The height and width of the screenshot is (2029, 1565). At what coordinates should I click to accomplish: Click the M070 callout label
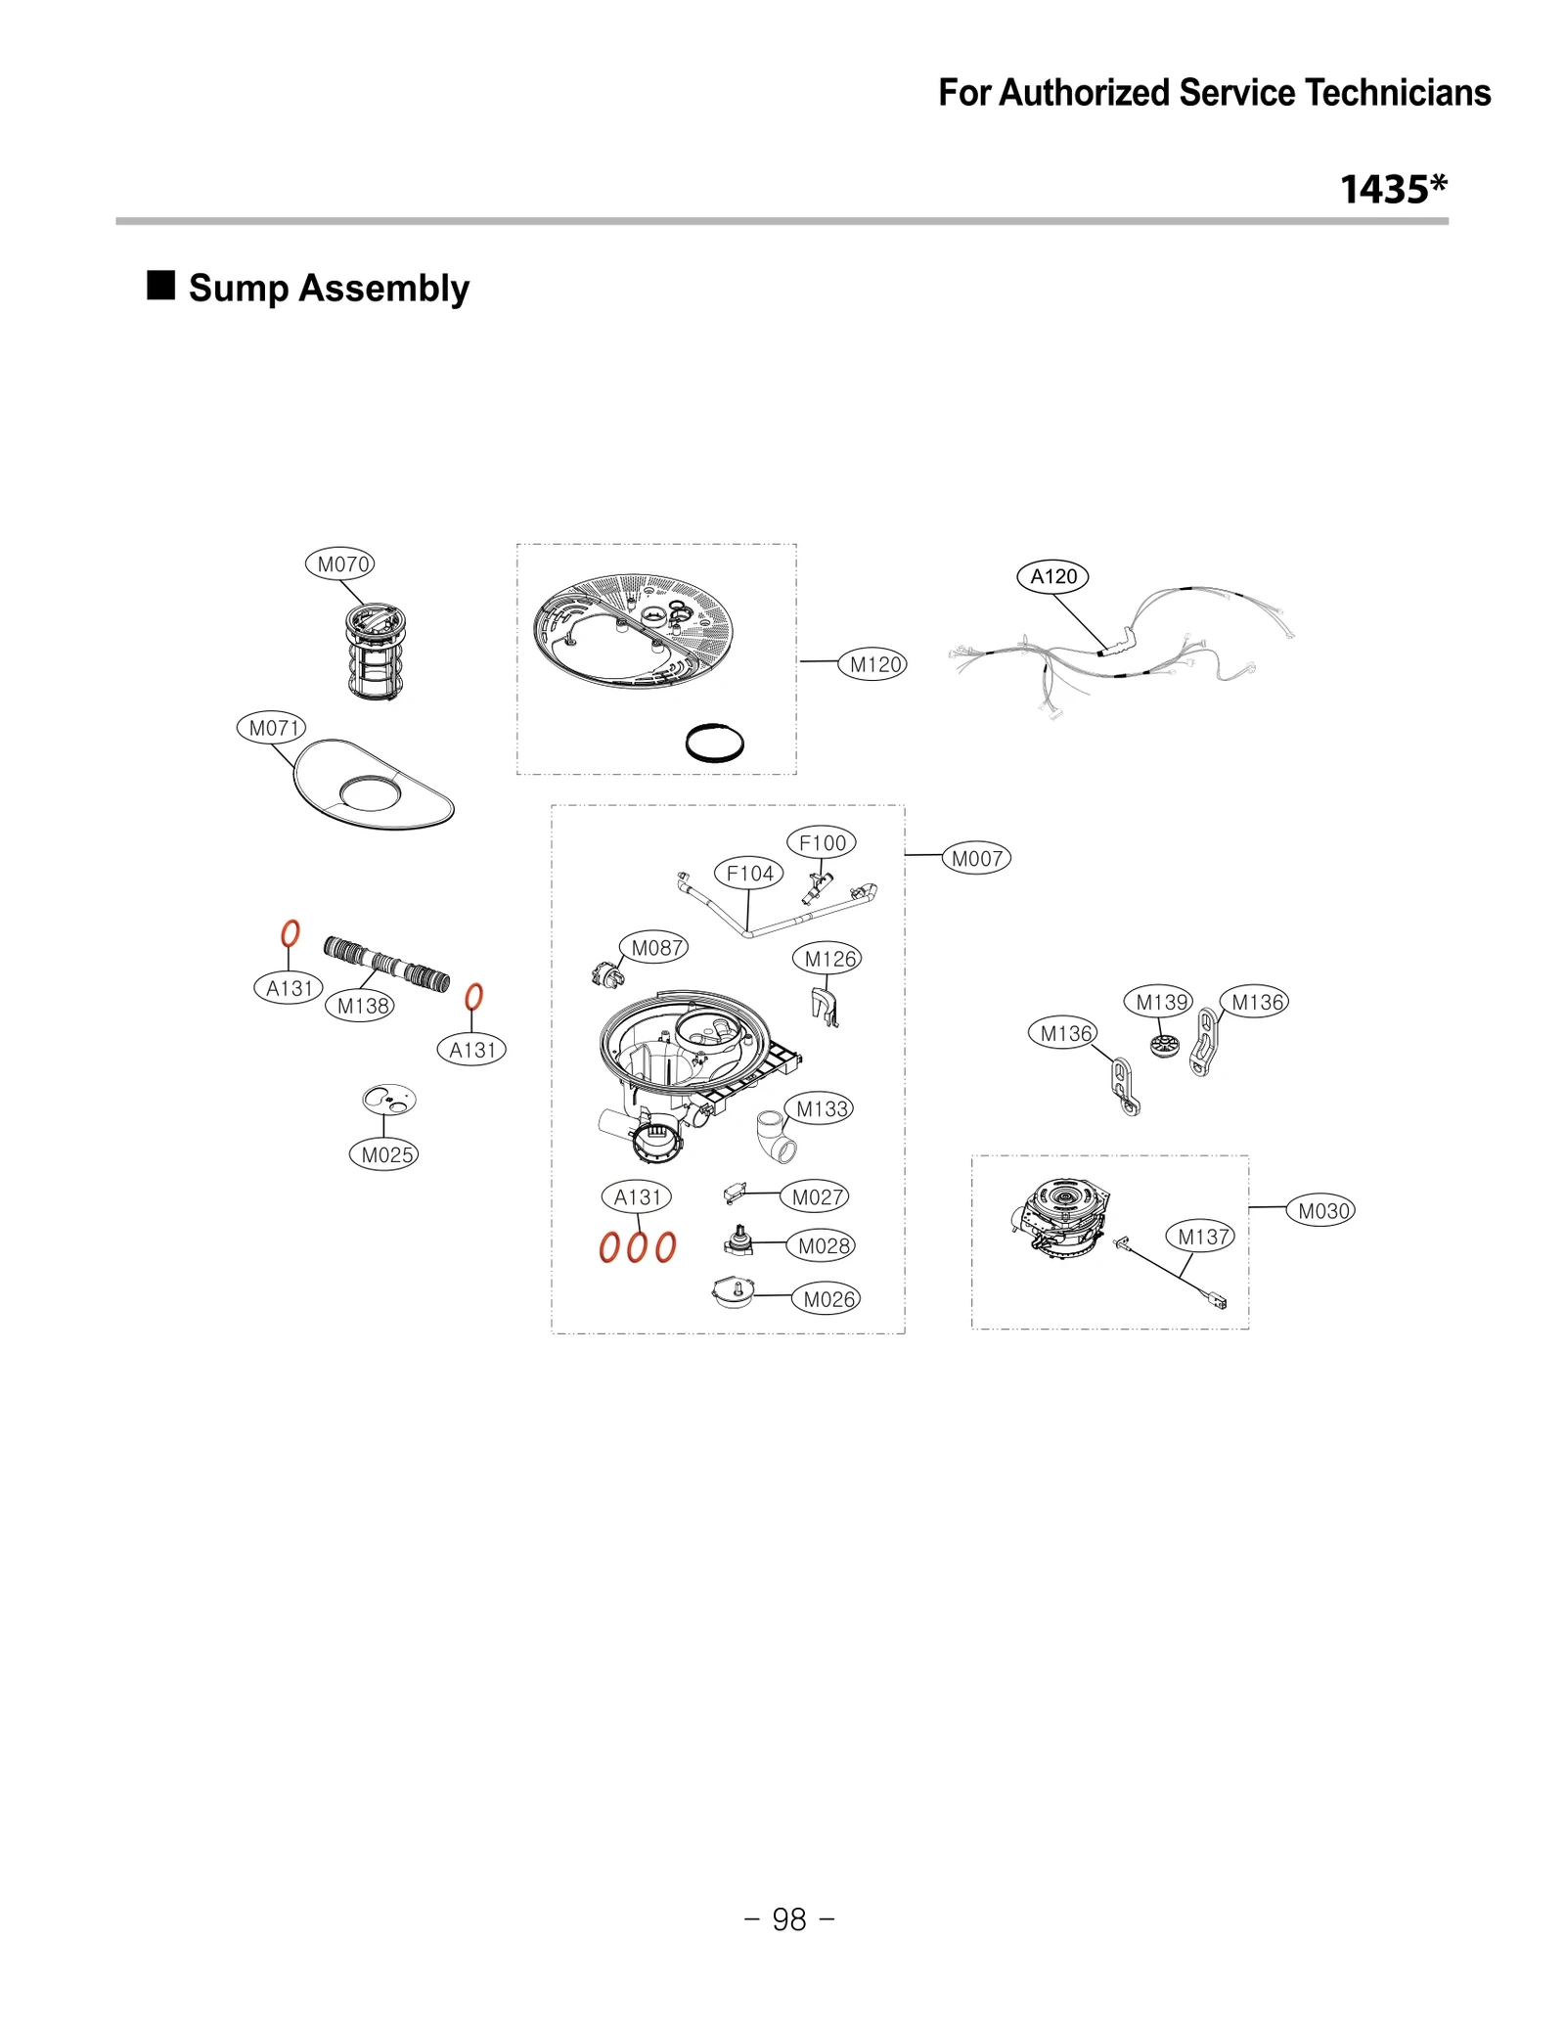[x=339, y=564]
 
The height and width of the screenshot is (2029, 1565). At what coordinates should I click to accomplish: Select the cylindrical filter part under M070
[x=375, y=652]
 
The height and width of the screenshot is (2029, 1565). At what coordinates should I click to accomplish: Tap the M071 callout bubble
[x=271, y=728]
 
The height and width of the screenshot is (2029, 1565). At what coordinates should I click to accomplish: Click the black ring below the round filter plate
[x=714, y=743]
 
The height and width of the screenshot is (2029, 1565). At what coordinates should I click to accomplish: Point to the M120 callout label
[x=873, y=665]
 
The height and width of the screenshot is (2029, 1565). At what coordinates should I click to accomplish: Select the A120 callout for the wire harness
[x=1052, y=577]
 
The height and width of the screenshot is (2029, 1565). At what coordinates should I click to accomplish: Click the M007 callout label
[x=976, y=859]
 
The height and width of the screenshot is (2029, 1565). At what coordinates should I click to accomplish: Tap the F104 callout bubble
[x=749, y=873]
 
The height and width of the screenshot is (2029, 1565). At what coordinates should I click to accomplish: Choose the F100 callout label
[x=822, y=842]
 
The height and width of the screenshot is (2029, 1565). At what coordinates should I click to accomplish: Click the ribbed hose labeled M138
[x=386, y=963]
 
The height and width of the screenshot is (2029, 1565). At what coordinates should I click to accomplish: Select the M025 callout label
[x=384, y=1154]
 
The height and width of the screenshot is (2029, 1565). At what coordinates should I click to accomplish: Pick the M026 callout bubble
[x=827, y=1299]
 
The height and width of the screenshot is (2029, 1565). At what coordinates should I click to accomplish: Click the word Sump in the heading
[x=238, y=289]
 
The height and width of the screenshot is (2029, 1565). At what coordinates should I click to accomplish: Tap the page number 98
[x=788, y=1919]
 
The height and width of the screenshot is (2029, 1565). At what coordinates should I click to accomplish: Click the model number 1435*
[x=1393, y=190]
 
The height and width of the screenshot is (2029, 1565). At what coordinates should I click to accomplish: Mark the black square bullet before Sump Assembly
[x=160, y=286]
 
